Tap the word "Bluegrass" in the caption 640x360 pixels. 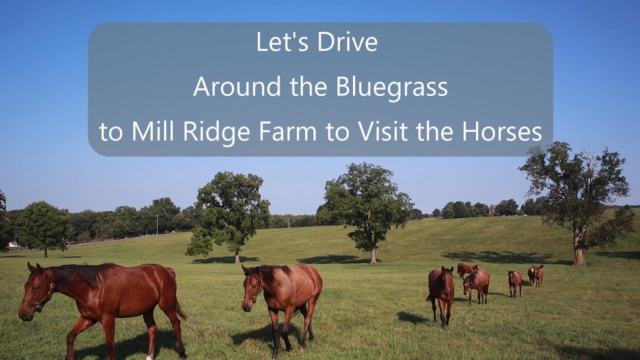(391, 87)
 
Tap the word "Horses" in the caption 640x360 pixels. (501, 132)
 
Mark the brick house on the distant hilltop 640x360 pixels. (492, 210)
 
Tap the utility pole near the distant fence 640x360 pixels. (157, 224)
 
